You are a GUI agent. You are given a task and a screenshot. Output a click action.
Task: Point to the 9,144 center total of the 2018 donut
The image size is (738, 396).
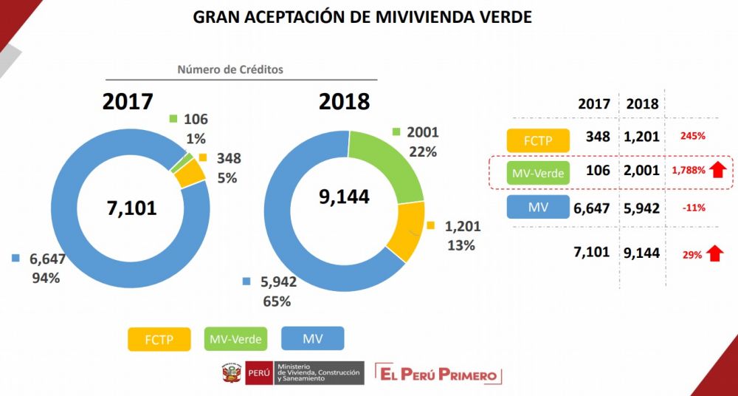tap(343, 197)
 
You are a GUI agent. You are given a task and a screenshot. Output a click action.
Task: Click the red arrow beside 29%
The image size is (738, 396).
tap(714, 253)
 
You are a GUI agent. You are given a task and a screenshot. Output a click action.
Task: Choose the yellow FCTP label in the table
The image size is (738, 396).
tap(538, 140)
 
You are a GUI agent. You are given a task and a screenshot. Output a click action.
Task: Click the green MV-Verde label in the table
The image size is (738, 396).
tap(538, 173)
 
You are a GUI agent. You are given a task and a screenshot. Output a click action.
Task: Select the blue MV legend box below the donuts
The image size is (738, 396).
tap(313, 338)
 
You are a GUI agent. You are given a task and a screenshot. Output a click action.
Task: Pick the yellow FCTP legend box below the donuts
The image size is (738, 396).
tap(159, 338)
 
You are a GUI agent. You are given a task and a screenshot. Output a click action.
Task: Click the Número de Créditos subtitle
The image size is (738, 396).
tap(230, 69)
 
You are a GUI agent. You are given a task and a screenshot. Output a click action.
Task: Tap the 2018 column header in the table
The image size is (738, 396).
tap(641, 103)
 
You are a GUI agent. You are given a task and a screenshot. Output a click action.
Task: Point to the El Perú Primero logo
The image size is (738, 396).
tap(438, 374)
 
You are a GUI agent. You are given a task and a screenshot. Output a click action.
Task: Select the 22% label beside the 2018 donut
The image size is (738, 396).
tap(422, 151)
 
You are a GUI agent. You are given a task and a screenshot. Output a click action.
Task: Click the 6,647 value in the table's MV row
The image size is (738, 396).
tap(592, 208)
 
